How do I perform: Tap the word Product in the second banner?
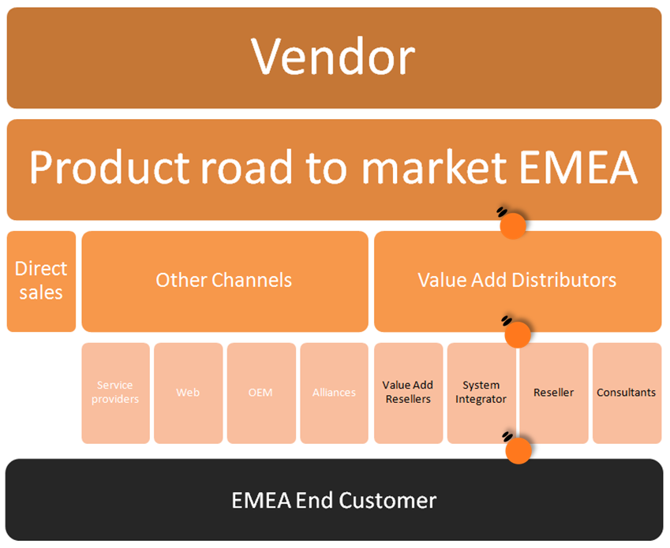click(110, 167)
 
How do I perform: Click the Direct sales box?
click(41, 281)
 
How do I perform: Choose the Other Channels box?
click(224, 281)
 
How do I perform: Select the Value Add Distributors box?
click(517, 281)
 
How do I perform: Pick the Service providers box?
click(115, 393)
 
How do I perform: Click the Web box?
click(188, 393)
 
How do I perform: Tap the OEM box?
click(260, 393)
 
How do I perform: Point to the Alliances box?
click(334, 393)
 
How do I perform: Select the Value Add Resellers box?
click(407, 393)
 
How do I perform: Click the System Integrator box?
click(481, 393)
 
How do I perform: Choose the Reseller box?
click(554, 393)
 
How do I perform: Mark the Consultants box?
click(627, 393)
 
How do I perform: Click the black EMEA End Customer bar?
click(334, 500)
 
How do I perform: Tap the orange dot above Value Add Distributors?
click(513, 226)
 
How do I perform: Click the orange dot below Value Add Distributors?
click(517, 335)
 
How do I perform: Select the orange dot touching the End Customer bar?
click(518, 450)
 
